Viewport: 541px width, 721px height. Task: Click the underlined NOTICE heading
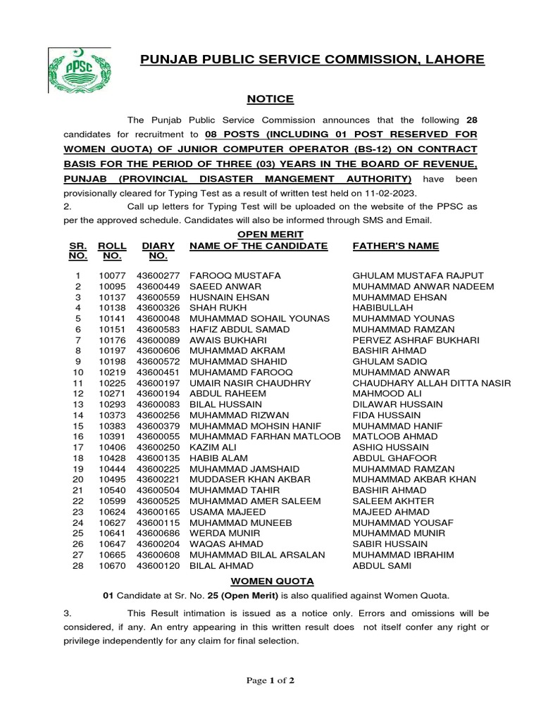point(270,99)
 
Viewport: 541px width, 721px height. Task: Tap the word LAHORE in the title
point(454,60)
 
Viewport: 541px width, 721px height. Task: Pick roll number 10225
point(113,382)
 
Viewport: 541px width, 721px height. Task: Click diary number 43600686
point(158,533)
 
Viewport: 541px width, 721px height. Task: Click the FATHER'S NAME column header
point(395,246)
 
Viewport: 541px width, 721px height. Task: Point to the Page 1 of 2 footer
point(270,680)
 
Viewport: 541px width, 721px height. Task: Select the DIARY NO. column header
point(158,251)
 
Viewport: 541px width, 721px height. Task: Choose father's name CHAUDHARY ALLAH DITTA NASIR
point(431,382)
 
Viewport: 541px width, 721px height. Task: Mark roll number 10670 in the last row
point(113,565)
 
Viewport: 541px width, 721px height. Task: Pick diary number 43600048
point(158,318)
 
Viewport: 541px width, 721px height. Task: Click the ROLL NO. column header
point(113,251)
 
